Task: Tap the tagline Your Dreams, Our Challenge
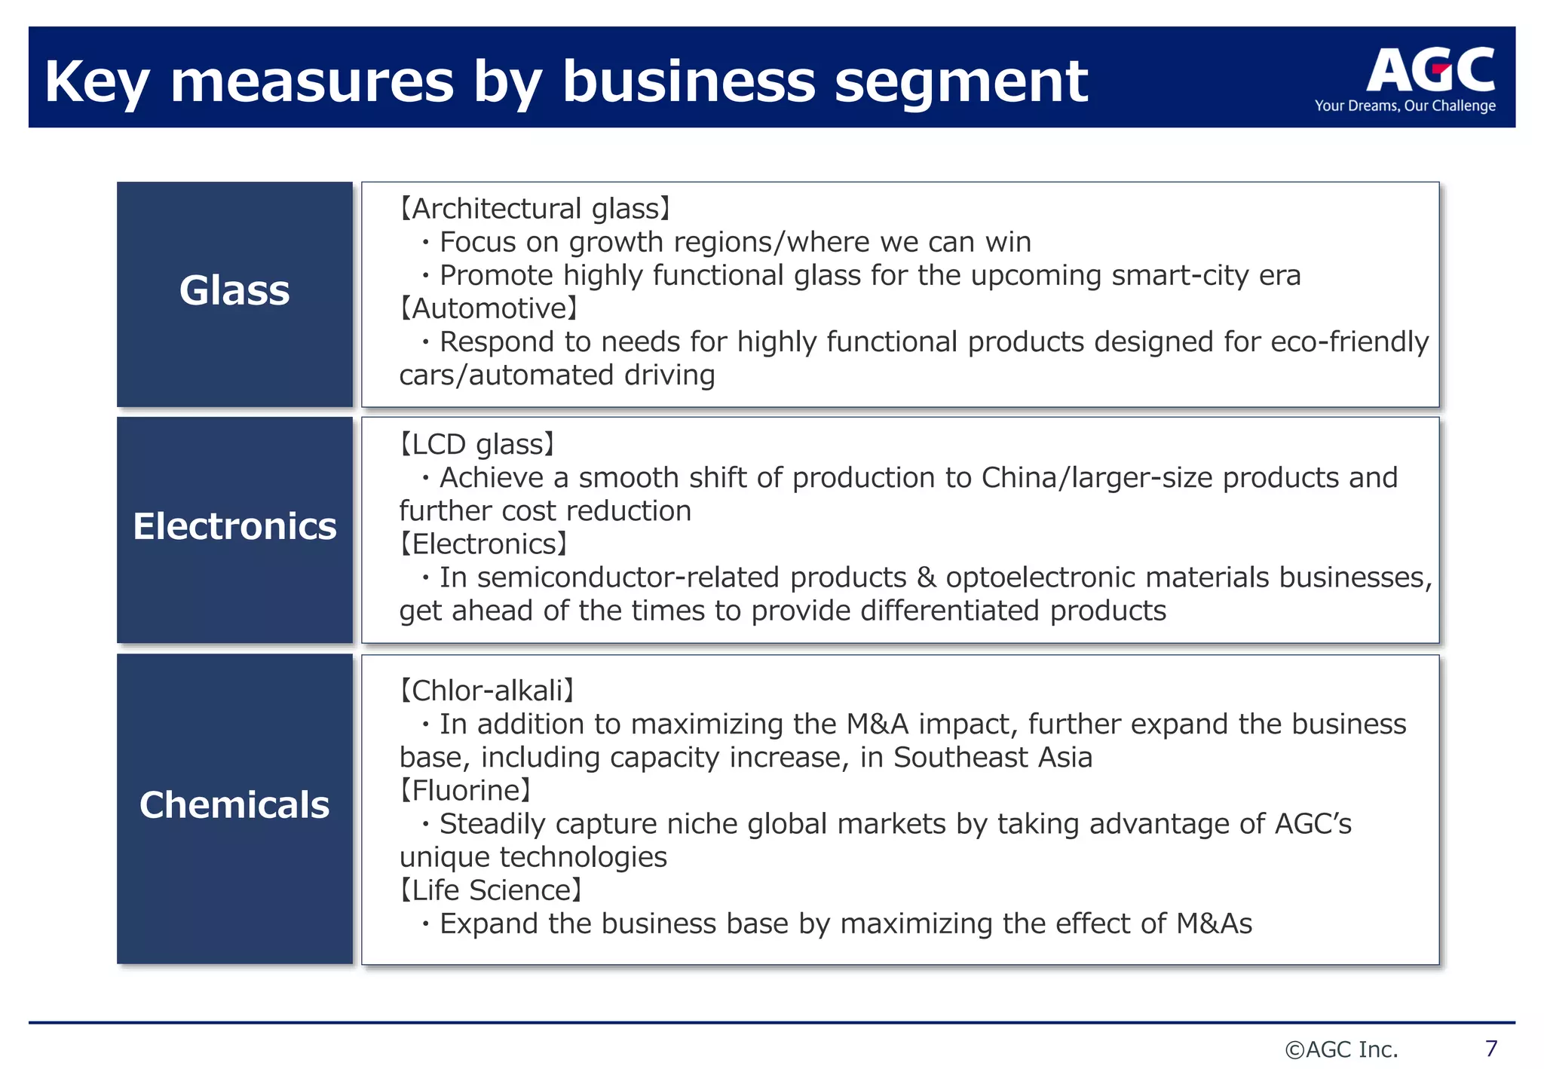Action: (x=1405, y=106)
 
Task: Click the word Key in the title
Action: (x=96, y=81)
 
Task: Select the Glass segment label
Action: (x=234, y=291)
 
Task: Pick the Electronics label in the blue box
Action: (x=234, y=526)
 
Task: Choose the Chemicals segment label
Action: (x=234, y=805)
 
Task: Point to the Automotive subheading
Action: (x=489, y=308)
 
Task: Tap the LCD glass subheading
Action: (x=477, y=445)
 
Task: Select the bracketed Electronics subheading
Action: (x=483, y=544)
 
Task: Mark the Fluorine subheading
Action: (x=466, y=791)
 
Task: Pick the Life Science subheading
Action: (x=491, y=890)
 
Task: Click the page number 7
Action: (x=1490, y=1049)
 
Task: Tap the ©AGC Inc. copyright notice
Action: (x=1341, y=1049)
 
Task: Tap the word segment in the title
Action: (x=961, y=81)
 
